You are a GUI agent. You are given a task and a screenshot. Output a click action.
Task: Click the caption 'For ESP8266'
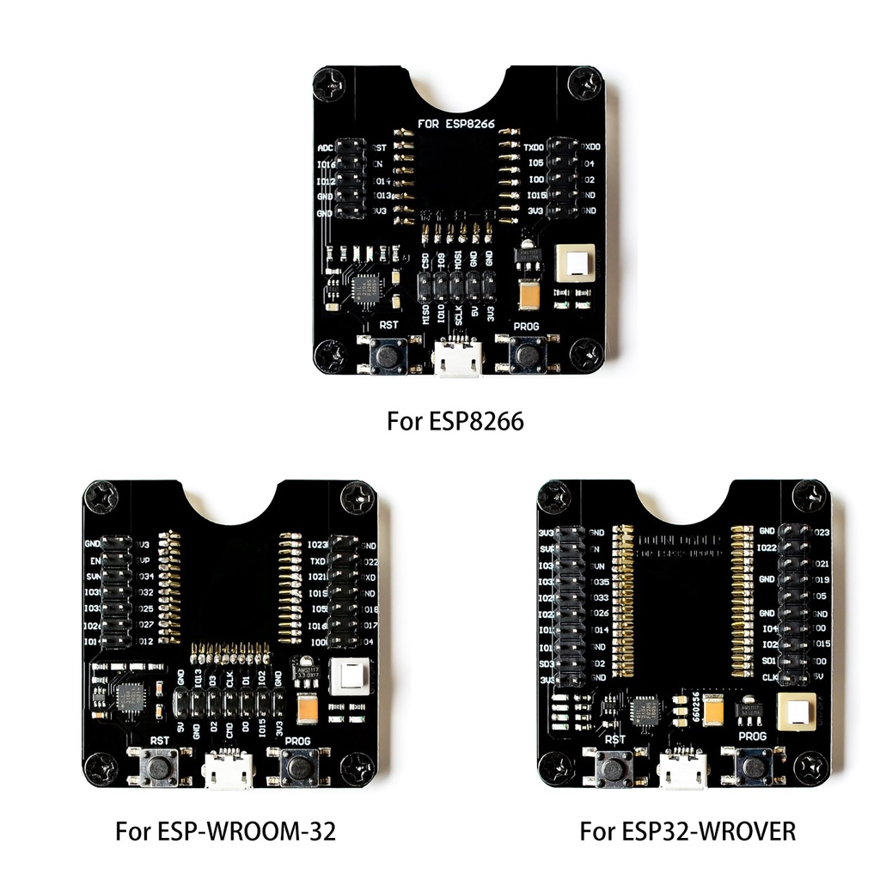455,422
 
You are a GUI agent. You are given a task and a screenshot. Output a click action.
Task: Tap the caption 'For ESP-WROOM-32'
225,832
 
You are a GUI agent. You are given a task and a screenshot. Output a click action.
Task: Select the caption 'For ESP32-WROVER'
687,832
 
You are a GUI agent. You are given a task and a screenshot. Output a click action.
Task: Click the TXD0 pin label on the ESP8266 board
534,148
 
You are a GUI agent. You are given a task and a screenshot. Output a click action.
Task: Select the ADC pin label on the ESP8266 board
325,148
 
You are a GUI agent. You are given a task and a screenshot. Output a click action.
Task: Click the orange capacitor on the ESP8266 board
531,296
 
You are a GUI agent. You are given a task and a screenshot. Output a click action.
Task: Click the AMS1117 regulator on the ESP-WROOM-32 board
306,669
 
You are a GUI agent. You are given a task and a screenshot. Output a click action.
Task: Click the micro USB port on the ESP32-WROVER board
682,767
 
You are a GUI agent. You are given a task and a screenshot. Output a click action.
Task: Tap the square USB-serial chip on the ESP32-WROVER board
645,710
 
